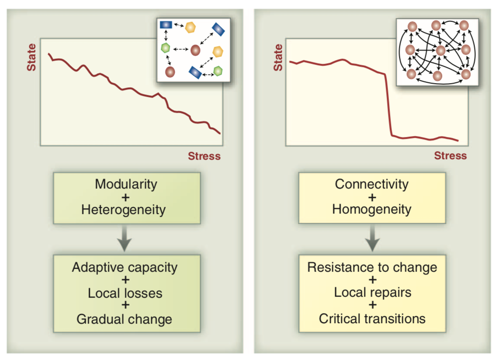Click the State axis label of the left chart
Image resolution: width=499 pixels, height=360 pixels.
click(31, 57)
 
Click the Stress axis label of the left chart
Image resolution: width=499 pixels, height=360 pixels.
click(204, 156)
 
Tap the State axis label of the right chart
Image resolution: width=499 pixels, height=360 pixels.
click(278, 57)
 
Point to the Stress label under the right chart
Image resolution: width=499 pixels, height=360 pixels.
click(450, 155)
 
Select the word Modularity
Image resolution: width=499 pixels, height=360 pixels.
click(126, 184)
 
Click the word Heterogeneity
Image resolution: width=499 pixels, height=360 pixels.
click(123, 210)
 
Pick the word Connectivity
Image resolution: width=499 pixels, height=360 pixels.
click(372, 184)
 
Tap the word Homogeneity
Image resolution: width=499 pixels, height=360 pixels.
click(372, 209)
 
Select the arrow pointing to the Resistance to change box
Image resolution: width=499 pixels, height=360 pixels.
click(372, 239)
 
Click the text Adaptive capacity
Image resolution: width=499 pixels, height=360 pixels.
click(125, 267)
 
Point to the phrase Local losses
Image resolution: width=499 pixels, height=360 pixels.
click(125, 293)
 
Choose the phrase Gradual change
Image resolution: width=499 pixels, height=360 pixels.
click(124, 319)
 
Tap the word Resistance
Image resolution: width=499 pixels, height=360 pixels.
click(337, 267)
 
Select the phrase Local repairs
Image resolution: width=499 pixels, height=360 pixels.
click(373, 292)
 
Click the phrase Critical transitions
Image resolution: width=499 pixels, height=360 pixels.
click(372, 318)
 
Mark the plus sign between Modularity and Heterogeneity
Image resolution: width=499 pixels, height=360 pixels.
click(125, 197)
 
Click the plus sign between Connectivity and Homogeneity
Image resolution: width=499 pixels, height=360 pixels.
click(372, 197)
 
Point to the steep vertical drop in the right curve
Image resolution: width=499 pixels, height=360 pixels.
click(388, 105)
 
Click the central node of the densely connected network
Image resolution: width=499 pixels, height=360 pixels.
click(440, 50)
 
